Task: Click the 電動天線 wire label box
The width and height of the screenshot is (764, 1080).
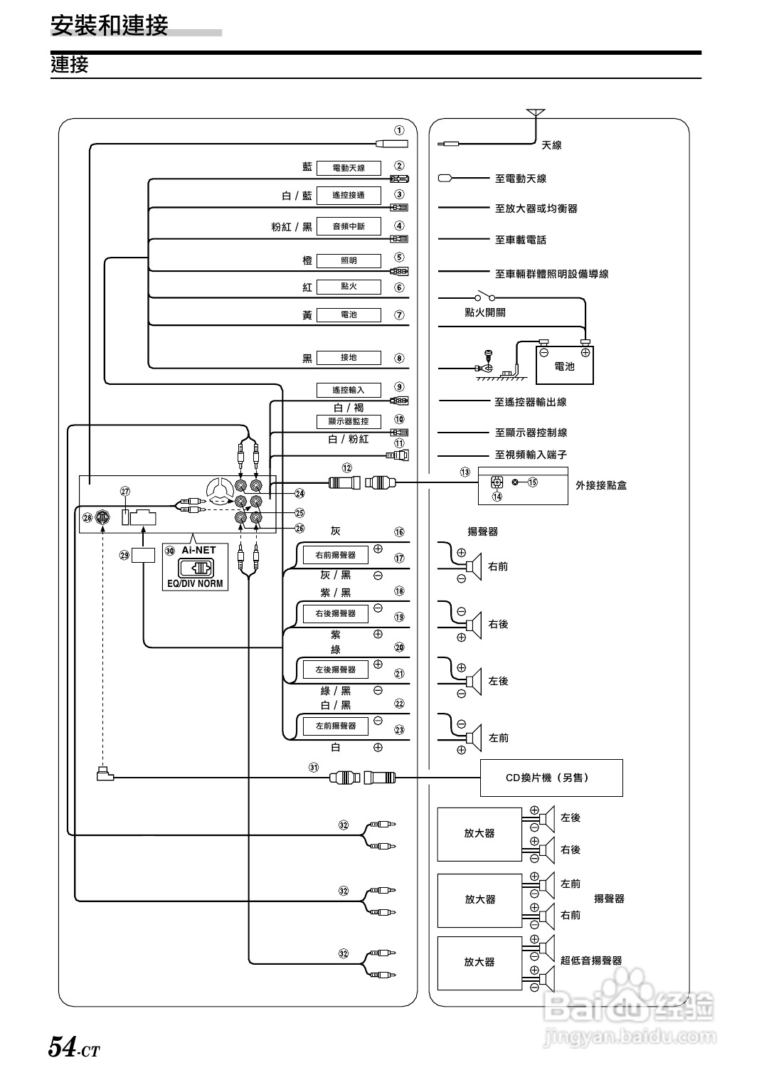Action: tap(349, 168)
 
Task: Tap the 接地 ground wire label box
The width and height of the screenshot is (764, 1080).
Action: tap(349, 358)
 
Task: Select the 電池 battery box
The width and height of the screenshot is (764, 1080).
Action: tap(564, 366)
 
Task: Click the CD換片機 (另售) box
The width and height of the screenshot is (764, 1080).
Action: tap(551, 778)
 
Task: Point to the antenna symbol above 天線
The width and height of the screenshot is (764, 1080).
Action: tap(535, 113)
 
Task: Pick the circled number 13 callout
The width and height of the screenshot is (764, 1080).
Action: tap(465, 472)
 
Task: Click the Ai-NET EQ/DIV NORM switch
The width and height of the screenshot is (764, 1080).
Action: tap(195, 568)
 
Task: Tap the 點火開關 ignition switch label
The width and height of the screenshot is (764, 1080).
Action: tap(484, 312)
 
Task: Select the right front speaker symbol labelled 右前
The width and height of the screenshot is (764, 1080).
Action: tap(472, 567)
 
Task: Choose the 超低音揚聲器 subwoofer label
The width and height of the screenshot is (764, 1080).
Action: tap(590, 960)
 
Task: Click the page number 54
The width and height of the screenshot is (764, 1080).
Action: tap(62, 1047)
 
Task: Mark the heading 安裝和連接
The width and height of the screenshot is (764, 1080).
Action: tap(110, 26)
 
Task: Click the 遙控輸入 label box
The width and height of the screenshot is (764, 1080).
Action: tap(349, 390)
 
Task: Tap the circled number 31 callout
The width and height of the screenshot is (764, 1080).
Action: tap(314, 767)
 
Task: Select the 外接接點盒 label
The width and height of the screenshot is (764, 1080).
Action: tap(601, 485)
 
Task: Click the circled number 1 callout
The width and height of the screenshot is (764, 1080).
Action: tap(400, 130)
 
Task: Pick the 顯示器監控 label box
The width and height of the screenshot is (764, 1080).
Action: tap(349, 421)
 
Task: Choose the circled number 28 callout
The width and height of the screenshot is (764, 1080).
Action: tap(87, 518)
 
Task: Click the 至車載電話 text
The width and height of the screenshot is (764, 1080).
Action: tap(520, 240)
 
